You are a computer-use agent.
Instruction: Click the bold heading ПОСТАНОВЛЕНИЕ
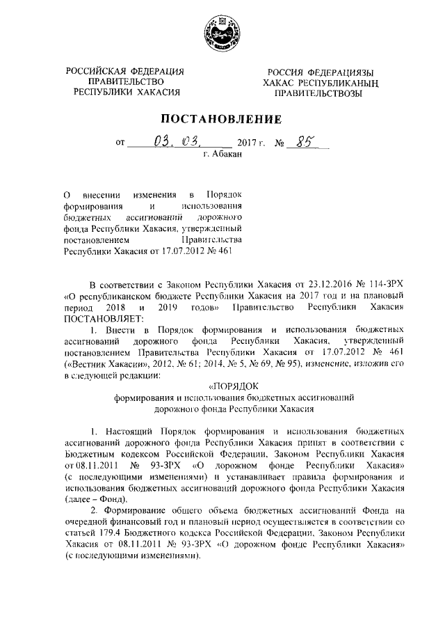222,119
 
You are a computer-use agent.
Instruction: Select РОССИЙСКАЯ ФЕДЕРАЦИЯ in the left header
125,71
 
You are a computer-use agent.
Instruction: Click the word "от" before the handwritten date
121,145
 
